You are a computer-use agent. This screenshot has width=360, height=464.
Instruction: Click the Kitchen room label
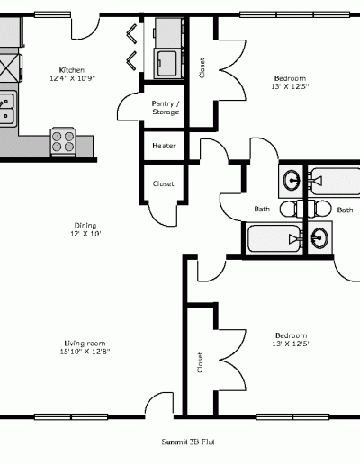[72, 70]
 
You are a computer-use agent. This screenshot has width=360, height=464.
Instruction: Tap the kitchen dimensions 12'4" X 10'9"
[72, 78]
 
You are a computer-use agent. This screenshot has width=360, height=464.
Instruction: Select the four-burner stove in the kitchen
[63, 142]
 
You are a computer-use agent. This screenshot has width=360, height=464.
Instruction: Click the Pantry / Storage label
[166, 108]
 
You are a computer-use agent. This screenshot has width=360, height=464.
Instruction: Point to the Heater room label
[164, 146]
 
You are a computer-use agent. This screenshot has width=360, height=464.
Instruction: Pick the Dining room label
[85, 226]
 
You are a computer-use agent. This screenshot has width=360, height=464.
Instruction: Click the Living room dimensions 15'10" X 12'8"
[85, 352]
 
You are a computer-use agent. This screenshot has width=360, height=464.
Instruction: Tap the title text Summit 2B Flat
[188, 442]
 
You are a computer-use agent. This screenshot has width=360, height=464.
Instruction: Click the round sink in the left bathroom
[292, 181]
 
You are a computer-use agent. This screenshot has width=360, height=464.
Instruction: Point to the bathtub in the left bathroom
[274, 238]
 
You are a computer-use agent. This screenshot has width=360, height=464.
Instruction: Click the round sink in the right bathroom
[319, 238]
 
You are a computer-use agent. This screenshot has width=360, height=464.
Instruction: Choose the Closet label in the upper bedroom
[202, 68]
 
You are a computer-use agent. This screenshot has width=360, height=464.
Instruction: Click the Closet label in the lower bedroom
[200, 362]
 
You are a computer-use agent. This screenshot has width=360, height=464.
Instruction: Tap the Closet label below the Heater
[164, 183]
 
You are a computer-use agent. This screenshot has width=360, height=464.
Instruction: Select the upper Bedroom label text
[290, 78]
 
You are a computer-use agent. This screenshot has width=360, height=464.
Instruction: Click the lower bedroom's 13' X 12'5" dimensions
[292, 344]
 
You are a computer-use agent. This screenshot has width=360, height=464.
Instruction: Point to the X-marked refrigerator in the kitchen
[10, 68]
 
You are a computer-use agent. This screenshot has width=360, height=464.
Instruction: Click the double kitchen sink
[7, 108]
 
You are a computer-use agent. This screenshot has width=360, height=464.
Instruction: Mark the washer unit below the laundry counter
[168, 63]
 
